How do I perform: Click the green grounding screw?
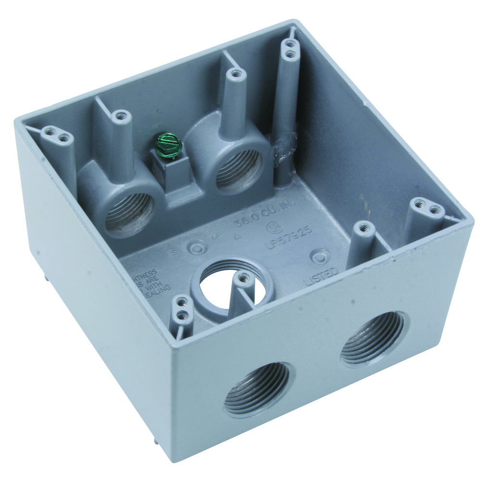[166, 144]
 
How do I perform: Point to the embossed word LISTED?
[321, 276]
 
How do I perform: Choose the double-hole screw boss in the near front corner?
[182, 308]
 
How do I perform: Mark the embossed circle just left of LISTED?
[318, 256]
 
